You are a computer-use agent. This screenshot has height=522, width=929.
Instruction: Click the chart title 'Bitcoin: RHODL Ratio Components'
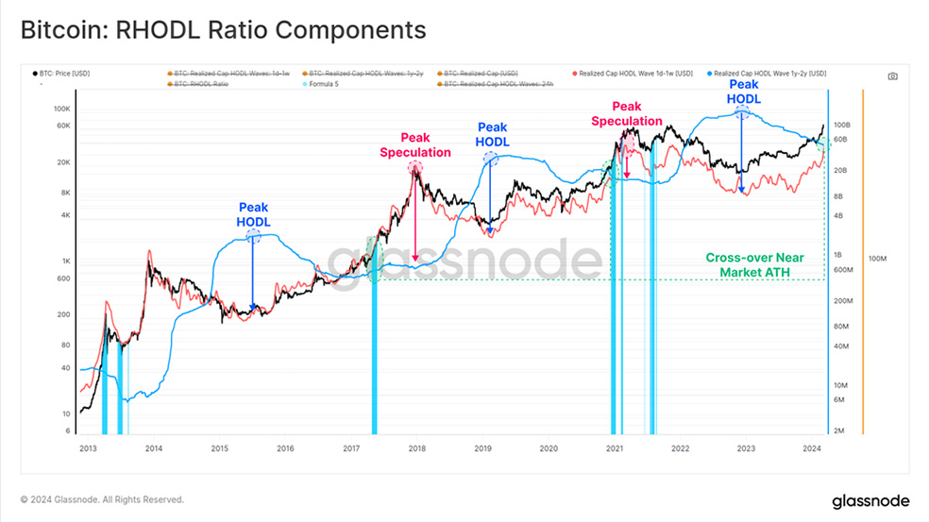[223, 29]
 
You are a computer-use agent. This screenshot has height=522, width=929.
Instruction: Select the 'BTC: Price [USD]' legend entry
[65, 73]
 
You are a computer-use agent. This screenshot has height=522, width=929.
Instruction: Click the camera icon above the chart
[893, 76]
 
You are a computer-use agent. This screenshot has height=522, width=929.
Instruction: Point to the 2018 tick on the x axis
[416, 449]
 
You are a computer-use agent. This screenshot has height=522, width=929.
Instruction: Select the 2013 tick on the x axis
[88, 449]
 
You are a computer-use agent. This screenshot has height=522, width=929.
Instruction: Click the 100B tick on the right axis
[842, 125]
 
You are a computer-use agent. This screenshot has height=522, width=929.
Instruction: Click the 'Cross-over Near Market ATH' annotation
[748, 265]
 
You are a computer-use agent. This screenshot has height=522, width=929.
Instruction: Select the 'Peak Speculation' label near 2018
[414, 144]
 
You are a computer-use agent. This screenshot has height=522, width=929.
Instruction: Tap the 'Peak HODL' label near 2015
[253, 214]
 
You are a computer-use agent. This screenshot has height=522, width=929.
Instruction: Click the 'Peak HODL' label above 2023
[743, 91]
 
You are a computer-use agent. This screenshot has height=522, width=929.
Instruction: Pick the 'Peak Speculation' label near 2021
[626, 113]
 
